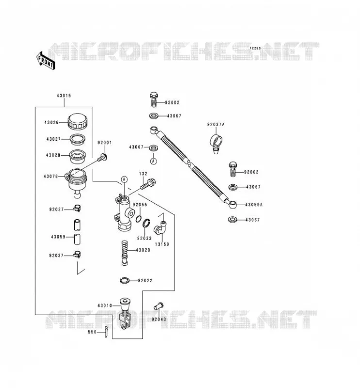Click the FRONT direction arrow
[x=46, y=61]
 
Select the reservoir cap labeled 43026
[x=77, y=122]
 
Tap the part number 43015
[x=64, y=96]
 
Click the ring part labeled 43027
[x=77, y=140]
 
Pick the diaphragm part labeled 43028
[x=77, y=156]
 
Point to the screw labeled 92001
[x=102, y=158]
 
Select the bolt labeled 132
[x=148, y=184]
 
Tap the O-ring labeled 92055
[x=139, y=219]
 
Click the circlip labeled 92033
[x=147, y=223]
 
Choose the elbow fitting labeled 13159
[x=160, y=227]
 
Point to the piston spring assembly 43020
[x=125, y=253]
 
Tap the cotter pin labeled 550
[x=106, y=332]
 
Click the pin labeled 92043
[x=159, y=306]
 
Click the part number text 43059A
[x=254, y=205]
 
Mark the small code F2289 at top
[x=255, y=48]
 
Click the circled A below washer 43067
[x=153, y=161]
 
